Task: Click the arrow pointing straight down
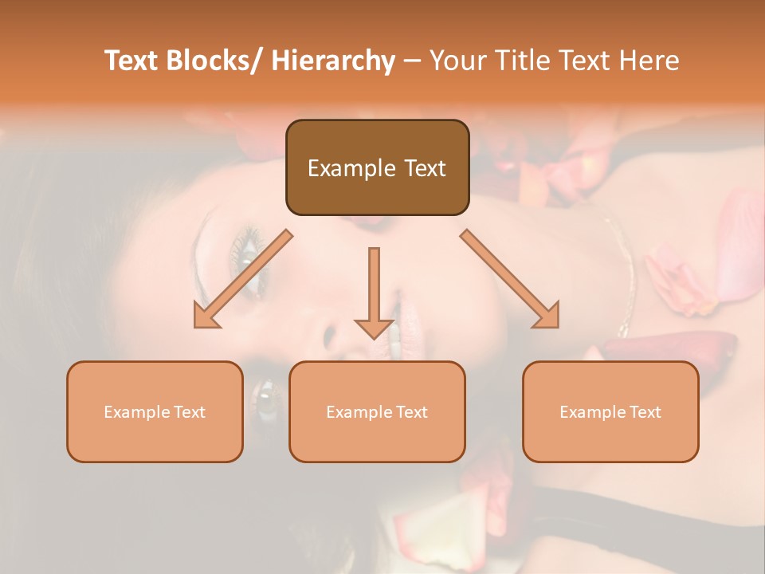coord(374,292)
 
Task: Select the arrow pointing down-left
coord(244,279)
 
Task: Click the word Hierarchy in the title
coord(333,61)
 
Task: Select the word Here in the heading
coord(649,61)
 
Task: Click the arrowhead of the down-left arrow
coord(206,316)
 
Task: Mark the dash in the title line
coord(412,61)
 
